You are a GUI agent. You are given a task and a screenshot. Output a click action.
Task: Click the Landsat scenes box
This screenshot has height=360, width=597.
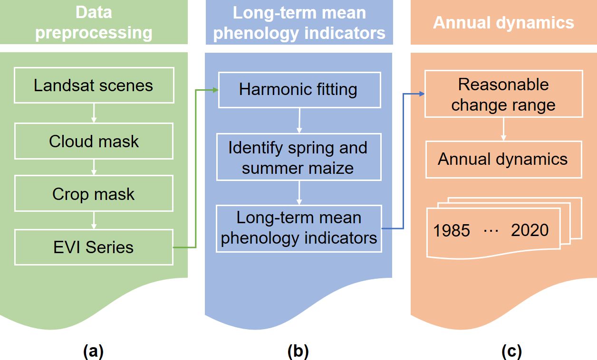[x=94, y=85]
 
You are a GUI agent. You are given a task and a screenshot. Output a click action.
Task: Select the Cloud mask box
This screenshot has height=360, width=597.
[x=94, y=141]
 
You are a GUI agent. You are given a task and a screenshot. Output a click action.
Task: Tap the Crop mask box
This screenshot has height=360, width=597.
[x=94, y=194]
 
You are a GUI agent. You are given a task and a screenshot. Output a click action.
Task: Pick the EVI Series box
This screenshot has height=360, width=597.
[x=94, y=247]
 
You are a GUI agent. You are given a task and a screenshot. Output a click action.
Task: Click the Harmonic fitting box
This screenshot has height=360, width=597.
[x=299, y=90]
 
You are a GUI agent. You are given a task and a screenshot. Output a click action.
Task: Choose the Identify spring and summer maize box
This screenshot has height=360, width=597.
[x=298, y=157]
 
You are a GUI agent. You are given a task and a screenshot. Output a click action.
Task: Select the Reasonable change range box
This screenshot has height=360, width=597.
[x=503, y=94]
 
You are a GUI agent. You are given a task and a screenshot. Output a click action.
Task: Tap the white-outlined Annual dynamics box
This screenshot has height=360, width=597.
[x=503, y=159]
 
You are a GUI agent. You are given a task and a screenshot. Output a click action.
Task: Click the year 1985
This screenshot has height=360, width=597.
[x=452, y=230]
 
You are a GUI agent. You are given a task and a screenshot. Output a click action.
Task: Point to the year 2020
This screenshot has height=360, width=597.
[x=530, y=230]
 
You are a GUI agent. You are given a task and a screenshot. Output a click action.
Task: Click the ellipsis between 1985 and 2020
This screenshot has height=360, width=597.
[x=490, y=230]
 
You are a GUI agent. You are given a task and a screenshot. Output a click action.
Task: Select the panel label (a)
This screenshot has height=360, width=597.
[x=93, y=351]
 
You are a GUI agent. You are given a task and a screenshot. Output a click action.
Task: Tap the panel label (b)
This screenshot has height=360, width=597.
[x=298, y=351]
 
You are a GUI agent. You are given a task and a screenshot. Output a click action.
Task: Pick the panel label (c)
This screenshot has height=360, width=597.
[x=511, y=351]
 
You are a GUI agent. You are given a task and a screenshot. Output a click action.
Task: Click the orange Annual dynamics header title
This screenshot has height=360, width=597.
[x=503, y=22]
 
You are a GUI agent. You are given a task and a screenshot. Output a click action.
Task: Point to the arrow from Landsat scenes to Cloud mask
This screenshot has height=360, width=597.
[x=94, y=113]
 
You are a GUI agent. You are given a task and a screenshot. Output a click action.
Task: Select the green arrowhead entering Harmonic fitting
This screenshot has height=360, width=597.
[x=215, y=90]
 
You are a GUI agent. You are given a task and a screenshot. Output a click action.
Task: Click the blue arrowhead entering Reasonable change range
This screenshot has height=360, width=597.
[x=421, y=94]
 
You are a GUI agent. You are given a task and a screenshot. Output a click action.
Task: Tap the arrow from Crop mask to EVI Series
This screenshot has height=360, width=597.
[x=94, y=220]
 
